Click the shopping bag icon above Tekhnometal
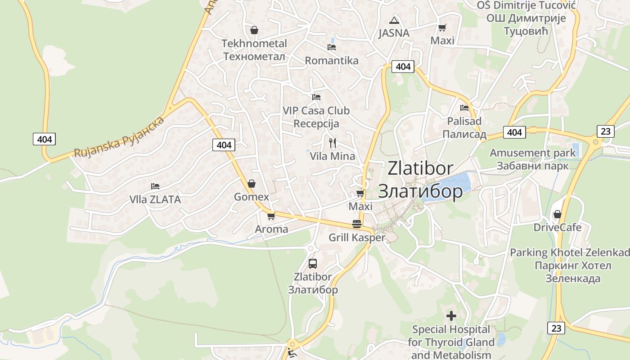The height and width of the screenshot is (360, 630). [254, 30]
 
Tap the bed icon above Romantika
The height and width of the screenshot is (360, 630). [332, 47]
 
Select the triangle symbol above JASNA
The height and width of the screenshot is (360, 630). [394, 20]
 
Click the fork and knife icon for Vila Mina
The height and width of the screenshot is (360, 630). [333, 143]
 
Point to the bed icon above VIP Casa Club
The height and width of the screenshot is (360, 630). [316, 97]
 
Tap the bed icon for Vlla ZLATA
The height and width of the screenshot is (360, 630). [155, 186]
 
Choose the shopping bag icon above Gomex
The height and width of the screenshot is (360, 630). [252, 184]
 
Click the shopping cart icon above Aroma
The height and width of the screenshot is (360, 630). [271, 216]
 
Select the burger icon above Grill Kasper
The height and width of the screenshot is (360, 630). [357, 224]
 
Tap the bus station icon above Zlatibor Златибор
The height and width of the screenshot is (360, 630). [313, 264]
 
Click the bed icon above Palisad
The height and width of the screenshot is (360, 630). [464, 108]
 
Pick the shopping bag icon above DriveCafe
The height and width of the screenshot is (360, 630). [558, 214]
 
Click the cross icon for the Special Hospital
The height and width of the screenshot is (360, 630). [451, 316]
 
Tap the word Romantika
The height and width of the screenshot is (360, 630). [332, 61]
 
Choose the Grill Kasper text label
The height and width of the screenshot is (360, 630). [357, 238]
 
